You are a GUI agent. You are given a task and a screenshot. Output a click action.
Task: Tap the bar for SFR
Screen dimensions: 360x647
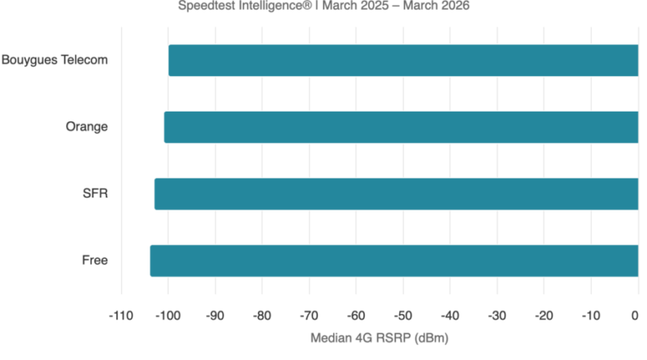point(397,194)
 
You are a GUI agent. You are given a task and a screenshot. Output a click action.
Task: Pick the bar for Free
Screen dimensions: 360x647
point(395,260)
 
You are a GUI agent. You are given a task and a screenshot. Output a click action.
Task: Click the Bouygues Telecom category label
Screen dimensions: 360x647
point(55,60)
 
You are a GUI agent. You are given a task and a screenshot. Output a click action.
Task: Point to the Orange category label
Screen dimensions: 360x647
point(87,127)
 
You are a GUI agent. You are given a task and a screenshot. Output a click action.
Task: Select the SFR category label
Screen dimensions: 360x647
point(95,194)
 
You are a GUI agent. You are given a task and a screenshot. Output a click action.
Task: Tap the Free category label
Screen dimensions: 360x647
point(95,260)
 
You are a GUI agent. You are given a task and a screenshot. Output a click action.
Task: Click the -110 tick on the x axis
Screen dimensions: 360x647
point(121,315)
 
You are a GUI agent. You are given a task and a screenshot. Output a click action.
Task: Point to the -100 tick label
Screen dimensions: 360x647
point(167,315)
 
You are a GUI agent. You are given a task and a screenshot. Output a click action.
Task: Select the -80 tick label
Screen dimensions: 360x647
point(262,315)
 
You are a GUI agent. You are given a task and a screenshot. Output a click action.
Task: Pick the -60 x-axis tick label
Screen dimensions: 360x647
point(356,315)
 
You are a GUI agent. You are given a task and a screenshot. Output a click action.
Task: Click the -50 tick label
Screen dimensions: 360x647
point(403,315)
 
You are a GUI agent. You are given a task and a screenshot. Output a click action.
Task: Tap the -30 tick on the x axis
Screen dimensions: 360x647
point(497,315)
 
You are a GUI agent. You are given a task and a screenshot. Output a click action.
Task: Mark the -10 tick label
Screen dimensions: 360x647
point(590,315)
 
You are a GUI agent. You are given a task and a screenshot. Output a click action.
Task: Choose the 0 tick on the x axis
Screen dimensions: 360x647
point(636,315)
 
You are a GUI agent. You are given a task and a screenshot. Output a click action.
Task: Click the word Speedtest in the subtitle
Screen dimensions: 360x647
point(205,6)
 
